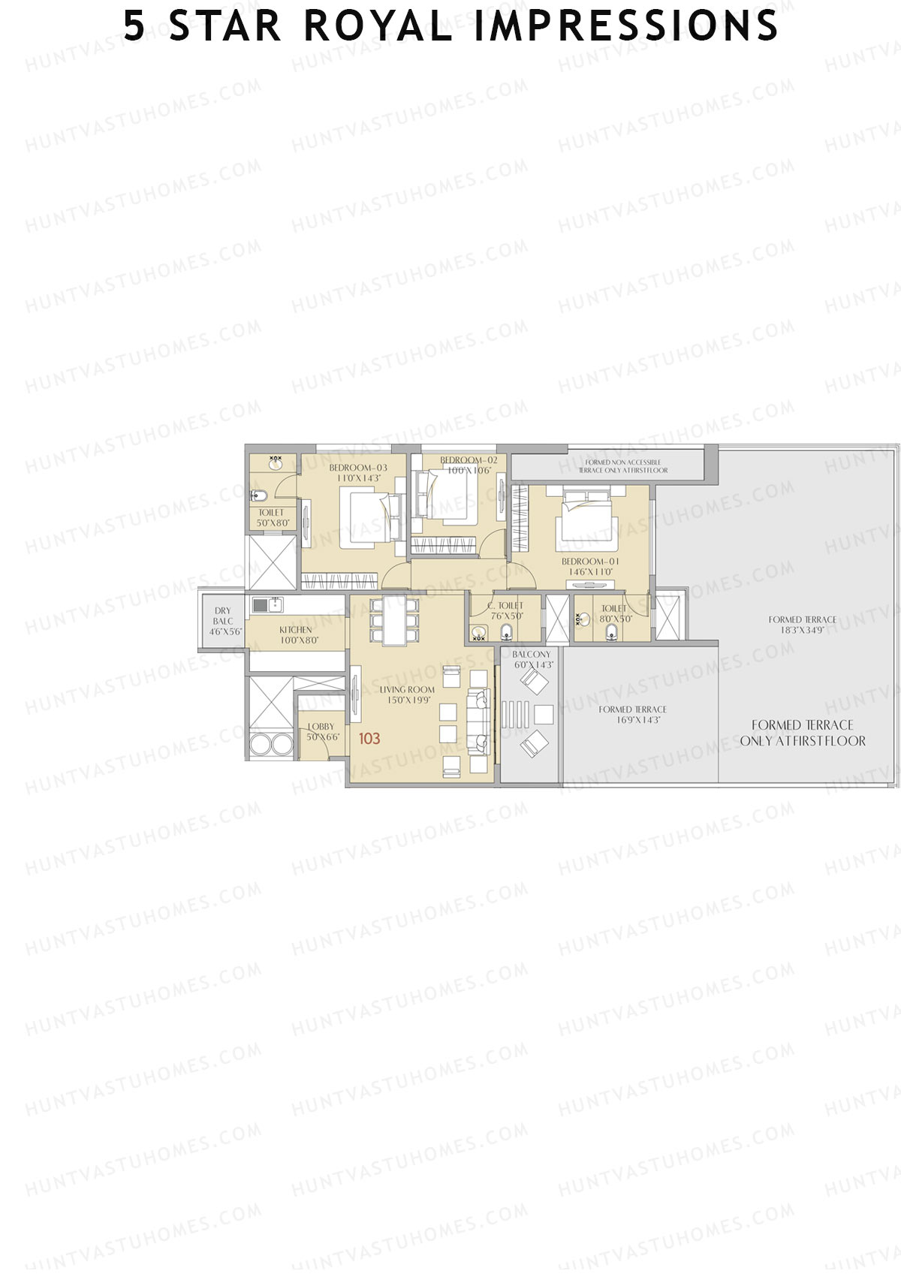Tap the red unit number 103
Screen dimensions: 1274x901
pyautogui.click(x=369, y=739)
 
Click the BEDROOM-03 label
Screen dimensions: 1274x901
pyautogui.click(x=358, y=468)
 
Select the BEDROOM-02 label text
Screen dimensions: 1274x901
pyautogui.click(x=468, y=460)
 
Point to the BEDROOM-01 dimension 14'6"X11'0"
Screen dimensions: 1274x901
pyautogui.click(x=590, y=572)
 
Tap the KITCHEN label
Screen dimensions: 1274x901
pyautogui.click(x=296, y=630)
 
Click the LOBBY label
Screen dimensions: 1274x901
pyautogui.click(x=321, y=727)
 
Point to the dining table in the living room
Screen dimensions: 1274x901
pyautogui.click(x=394, y=619)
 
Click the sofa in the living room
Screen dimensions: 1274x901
pyautogui.click(x=478, y=721)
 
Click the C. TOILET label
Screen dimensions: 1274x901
pyautogui.click(x=506, y=606)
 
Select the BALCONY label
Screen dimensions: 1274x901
pyautogui.click(x=532, y=655)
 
